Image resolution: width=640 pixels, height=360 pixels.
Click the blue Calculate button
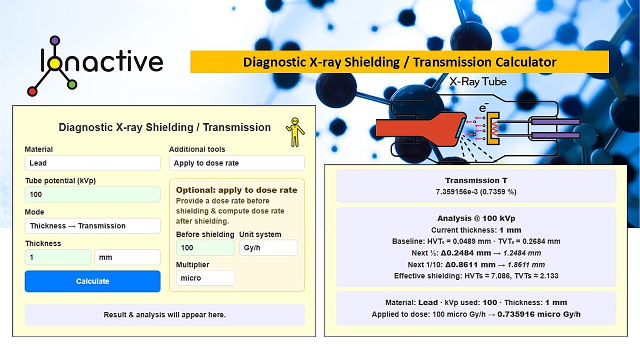(92, 281)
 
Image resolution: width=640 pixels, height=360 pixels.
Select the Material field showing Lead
(92, 163)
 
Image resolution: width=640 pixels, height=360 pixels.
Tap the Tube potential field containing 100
(92, 194)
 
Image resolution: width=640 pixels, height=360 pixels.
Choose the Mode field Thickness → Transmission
(92, 226)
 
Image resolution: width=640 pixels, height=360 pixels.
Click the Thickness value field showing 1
(58, 257)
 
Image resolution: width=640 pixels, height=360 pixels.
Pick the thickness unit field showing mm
(127, 257)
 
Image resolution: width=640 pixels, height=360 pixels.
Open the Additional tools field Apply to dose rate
(237, 163)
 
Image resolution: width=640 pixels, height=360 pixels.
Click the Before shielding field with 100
(205, 247)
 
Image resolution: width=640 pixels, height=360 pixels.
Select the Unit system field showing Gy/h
(268, 247)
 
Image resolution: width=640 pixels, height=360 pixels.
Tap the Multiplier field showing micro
(205, 278)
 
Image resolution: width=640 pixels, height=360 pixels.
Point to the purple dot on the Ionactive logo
(55, 41)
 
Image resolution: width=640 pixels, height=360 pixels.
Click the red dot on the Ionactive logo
(32, 91)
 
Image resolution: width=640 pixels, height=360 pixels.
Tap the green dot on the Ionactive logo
(73, 84)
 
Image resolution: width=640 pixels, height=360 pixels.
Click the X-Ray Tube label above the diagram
(478, 82)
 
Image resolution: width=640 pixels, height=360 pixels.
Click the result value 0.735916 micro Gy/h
(539, 314)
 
